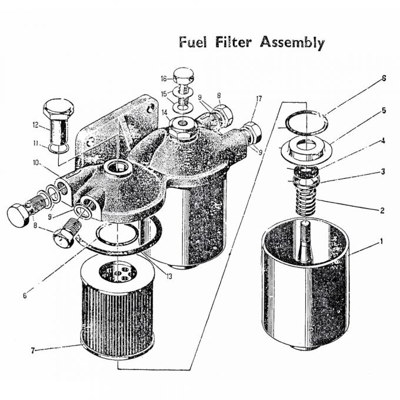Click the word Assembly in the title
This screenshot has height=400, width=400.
pos(292,43)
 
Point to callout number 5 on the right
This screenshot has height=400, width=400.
pos(383,110)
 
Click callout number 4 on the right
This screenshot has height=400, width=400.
pos(383,141)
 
